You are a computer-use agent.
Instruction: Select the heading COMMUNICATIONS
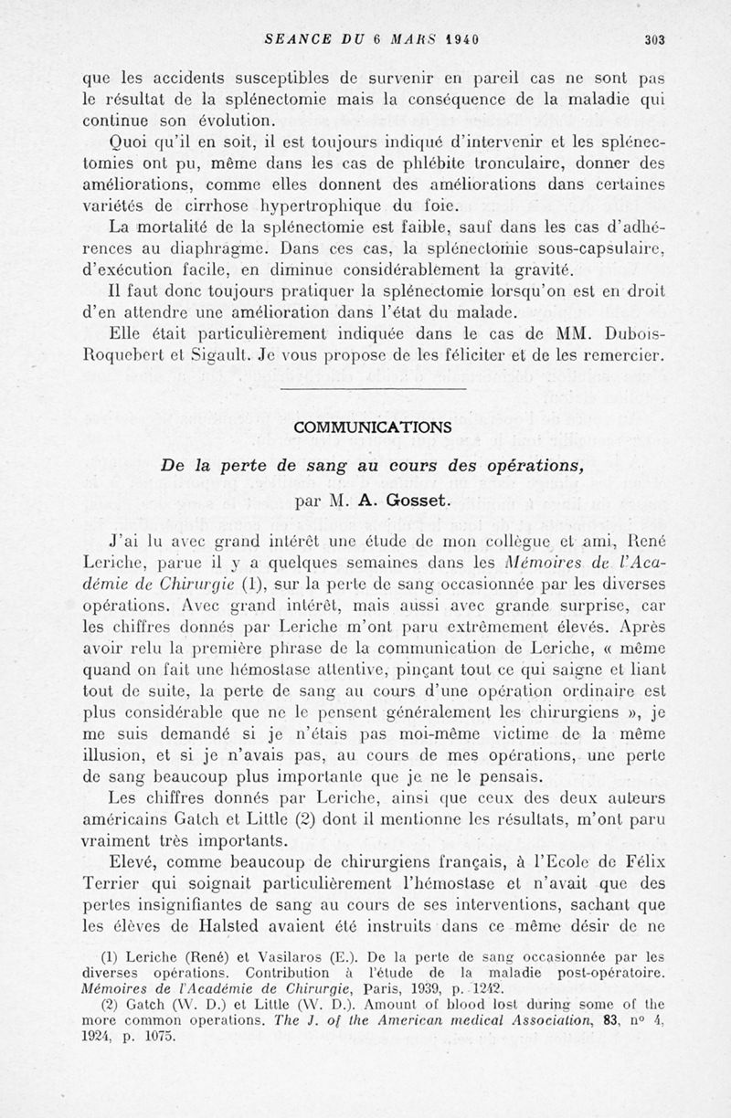pos(372,427)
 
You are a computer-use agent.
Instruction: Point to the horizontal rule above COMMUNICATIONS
pos(373,389)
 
